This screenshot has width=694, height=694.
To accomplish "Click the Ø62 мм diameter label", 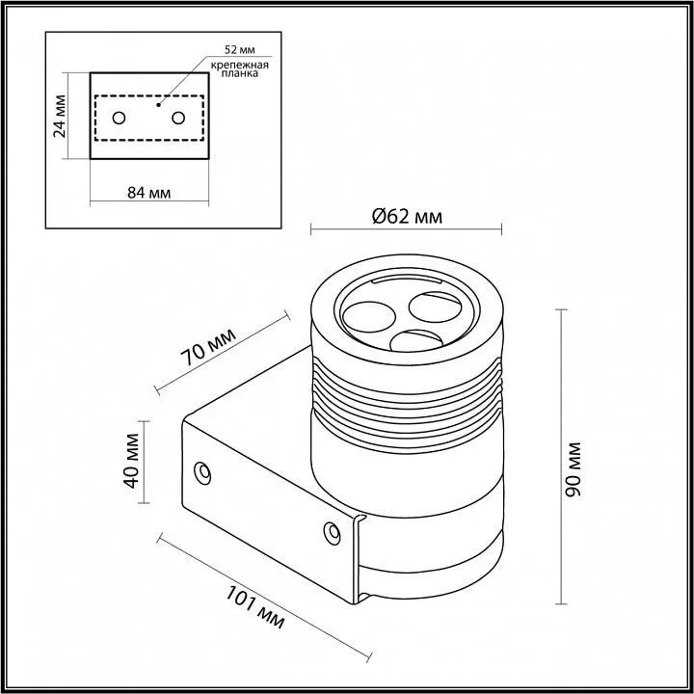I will [x=406, y=217].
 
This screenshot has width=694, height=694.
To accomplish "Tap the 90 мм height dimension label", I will [x=574, y=468].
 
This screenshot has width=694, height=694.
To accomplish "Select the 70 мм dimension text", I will [x=206, y=351].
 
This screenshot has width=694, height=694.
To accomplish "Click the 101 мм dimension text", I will [x=255, y=607].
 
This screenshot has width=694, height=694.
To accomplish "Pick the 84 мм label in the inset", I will [x=148, y=192].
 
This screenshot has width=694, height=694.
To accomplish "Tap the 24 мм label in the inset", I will [x=61, y=116].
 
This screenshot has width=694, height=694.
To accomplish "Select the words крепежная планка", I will [x=238, y=68].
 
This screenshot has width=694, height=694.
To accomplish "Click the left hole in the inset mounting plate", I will [x=119, y=118].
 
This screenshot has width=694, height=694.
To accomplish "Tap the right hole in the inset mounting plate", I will [x=178, y=118].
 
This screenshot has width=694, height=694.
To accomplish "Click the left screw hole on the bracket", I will [x=202, y=471].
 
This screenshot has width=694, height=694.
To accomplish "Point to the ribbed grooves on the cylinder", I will [x=405, y=395].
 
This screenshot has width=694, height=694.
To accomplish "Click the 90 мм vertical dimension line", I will [x=562, y=453].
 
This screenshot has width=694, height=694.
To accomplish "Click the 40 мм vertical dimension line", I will [x=146, y=462].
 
